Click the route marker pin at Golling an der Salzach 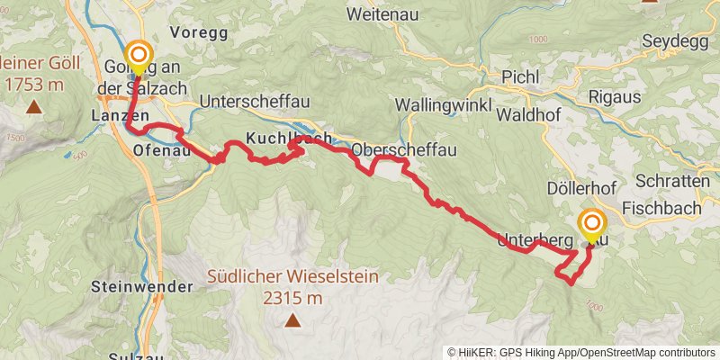point(138,57)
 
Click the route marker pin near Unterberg point(592,225)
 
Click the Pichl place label point(520,76)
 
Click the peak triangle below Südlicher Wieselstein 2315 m point(292,320)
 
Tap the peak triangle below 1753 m point(33,108)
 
